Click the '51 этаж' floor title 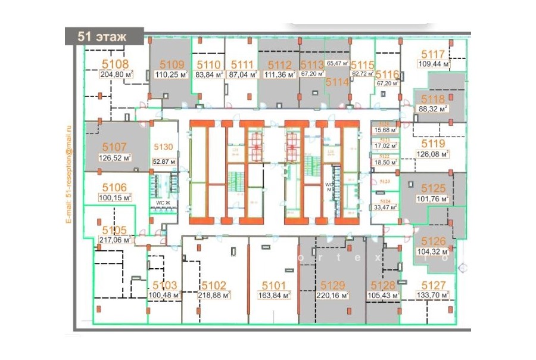pyautogui.click(x=102, y=36)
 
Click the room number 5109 pyautogui.click(x=172, y=64)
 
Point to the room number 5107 pyautogui.click(x=114, y=147)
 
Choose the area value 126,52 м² pyautogui.click(x=115, y=158)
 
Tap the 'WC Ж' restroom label pyautogui.click(x=163, y=203)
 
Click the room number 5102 pyautogui.click(x=213, y=285)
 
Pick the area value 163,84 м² pyautogui.click(x=274, y=295)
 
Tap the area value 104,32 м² pyautogui.click(x=434, y=252)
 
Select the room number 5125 pyautogui.click(x=434, y=188)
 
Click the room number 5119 pyautogui.click(x=434, y=143)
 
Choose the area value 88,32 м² pyautogui.click(x=434, y=109)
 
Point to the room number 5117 pyautogui.click(x=434, y=52)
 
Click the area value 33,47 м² pyautogui.click(x=384, y=207)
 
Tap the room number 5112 pyautogui.click(x=279, y=64)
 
